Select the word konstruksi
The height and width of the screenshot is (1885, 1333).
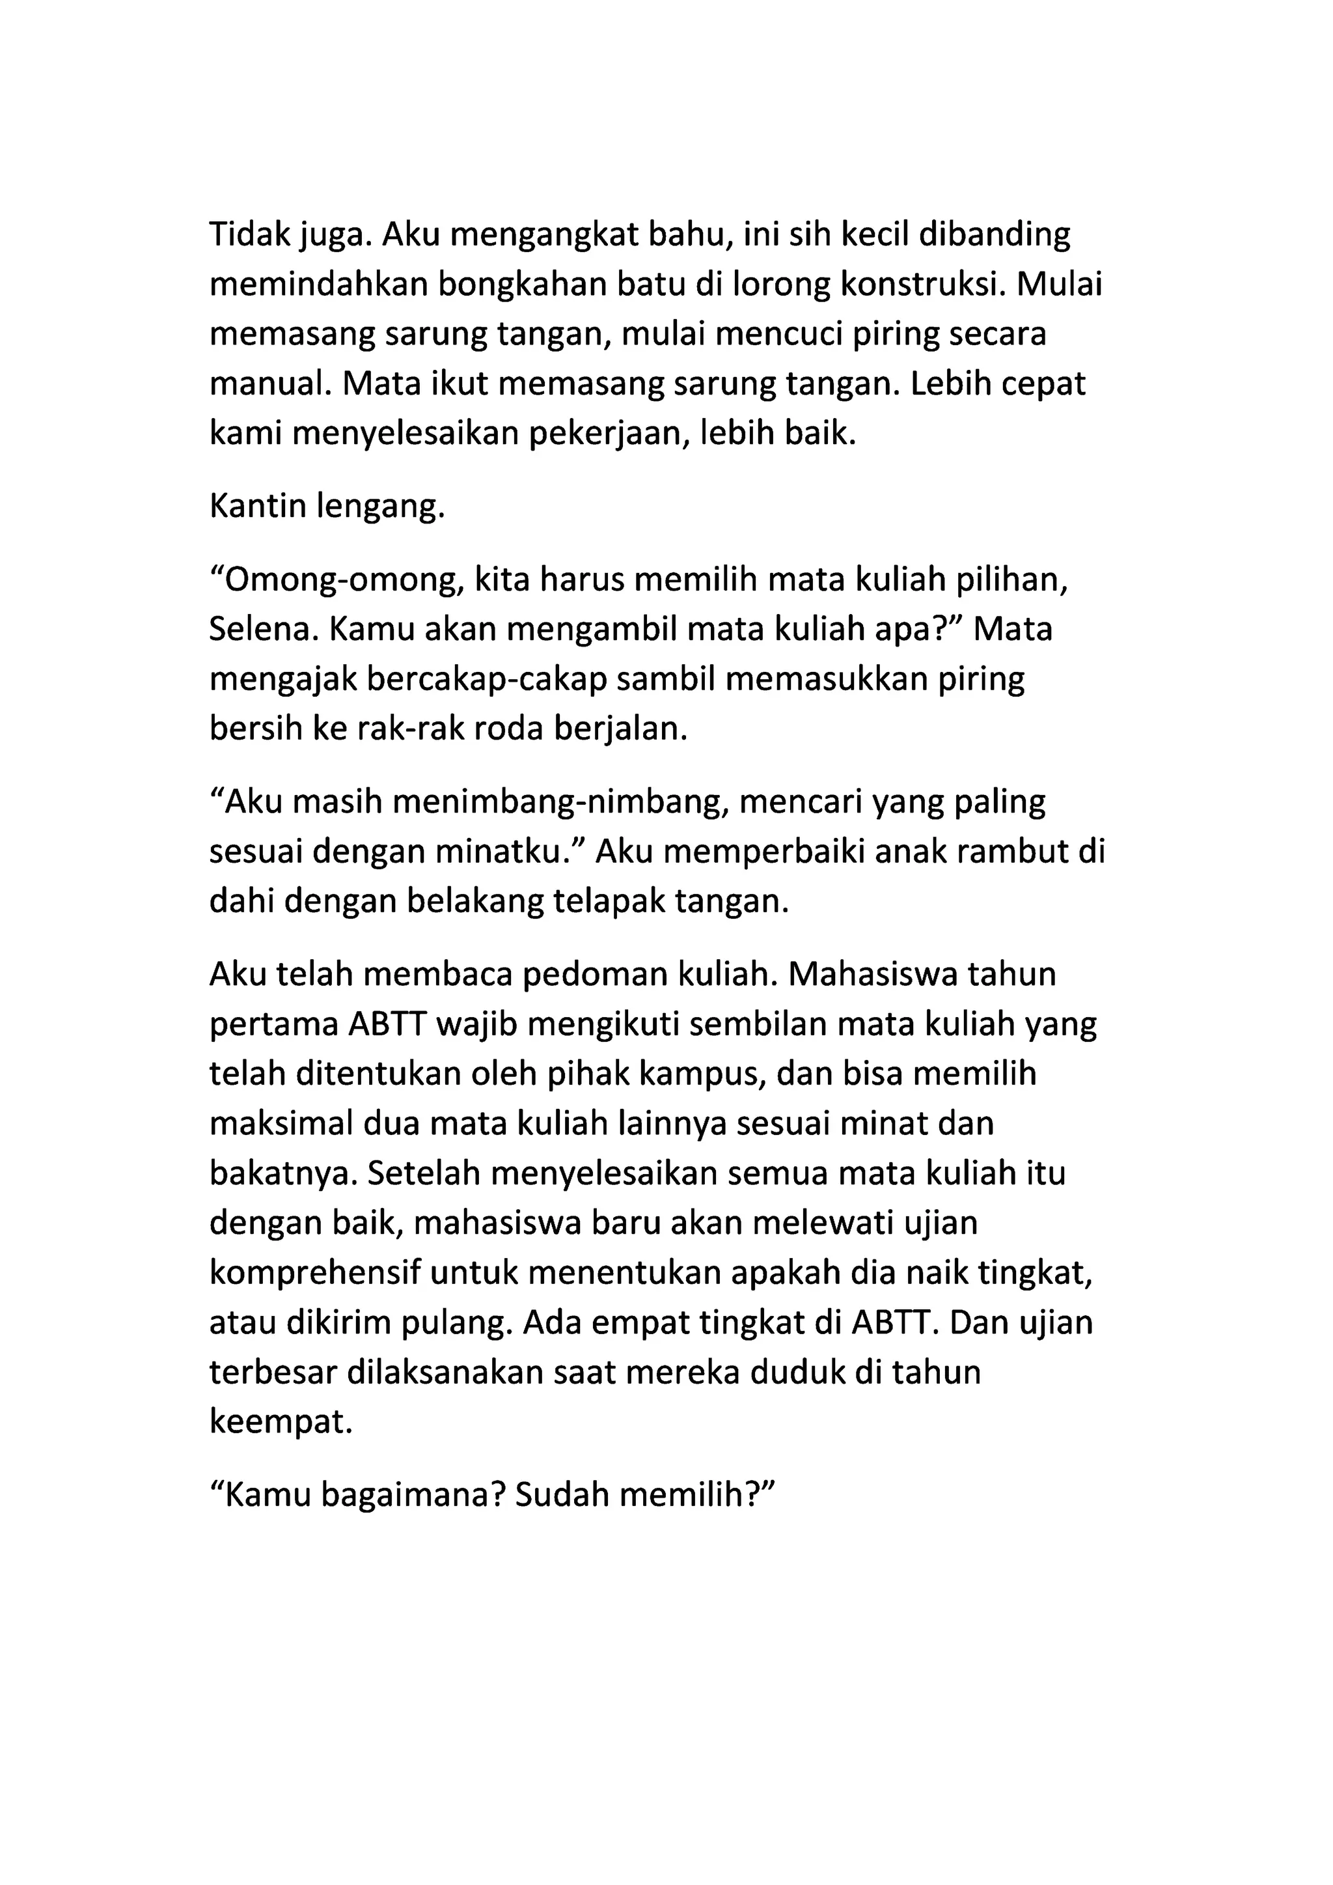(922, 285)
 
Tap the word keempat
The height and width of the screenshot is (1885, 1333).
(280, 1422)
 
